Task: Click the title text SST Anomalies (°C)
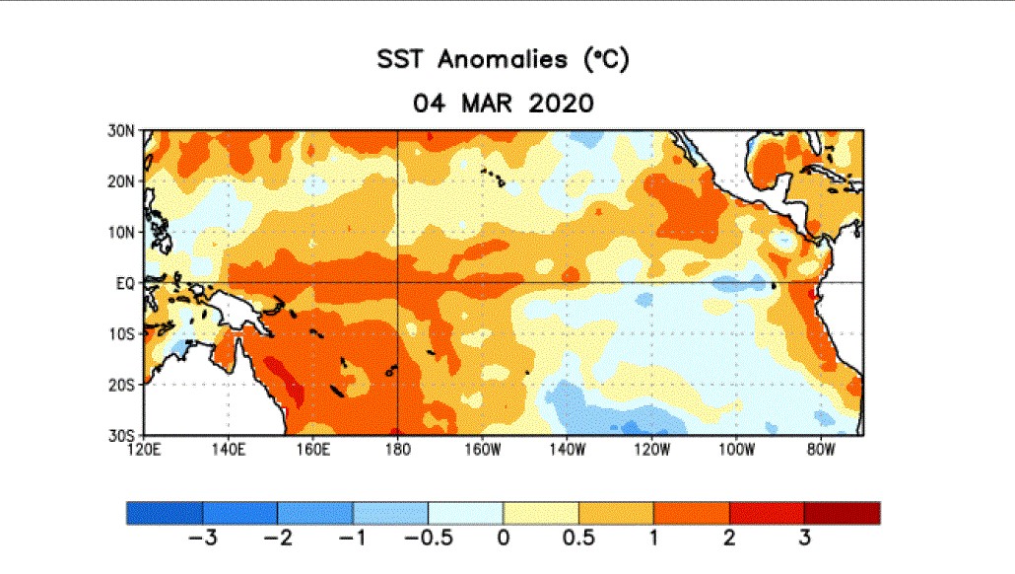point(503,60)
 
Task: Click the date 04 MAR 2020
point(503,103)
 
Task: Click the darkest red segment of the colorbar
point(842,513)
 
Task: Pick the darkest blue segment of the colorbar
point(165,513)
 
